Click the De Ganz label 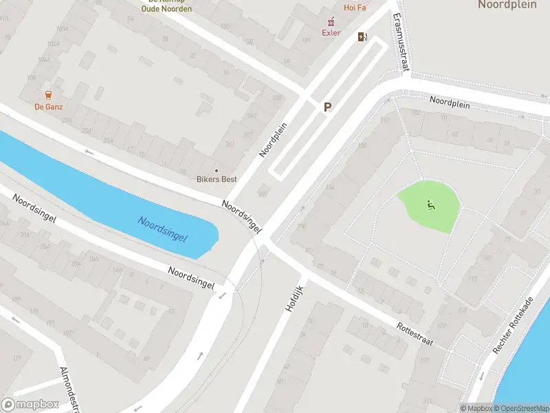pyautogui.click(x=48, y=107)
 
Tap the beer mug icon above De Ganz pyautogui.click(x=48, y=95)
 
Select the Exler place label pyautogui.click(x=331, y=32)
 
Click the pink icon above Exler pyautogui.click(x=328, y=22)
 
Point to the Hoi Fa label pyautogui.click(x=355, y=8)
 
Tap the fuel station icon pyautogui.click(x=362, y=37)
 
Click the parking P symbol pyautogui.click(x=328, y=107)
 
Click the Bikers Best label pyautogui.click(x=217, y=180)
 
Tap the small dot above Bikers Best pyautogui.click(x=217, y=170)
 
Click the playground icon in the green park pyautogui.click(x=431, y=204)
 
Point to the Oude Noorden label pyautogui.click(x=166, y=8)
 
